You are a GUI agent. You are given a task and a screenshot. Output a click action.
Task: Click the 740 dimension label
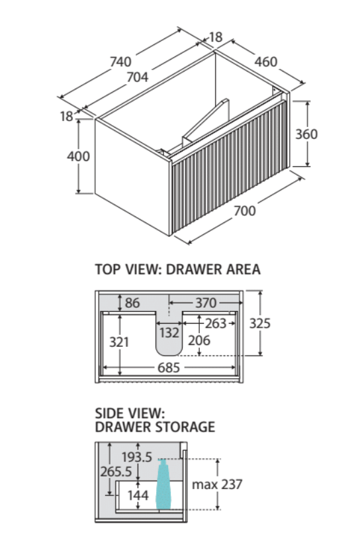(120, 62)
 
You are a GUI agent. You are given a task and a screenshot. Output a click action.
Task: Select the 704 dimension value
(138, 77)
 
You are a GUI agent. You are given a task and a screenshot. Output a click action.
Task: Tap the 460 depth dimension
(266, 62)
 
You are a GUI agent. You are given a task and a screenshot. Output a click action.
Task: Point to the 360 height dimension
(306, 134)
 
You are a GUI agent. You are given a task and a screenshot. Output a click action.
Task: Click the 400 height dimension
(79, 156)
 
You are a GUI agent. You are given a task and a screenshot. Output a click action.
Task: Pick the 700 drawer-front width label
(245, 210)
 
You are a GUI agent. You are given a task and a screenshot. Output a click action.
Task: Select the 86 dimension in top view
(132, 303)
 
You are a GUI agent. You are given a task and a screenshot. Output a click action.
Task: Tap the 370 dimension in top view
(206, 303)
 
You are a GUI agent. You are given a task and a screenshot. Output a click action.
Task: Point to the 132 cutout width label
(169, 332)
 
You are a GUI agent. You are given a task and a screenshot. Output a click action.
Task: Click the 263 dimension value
(216, 323)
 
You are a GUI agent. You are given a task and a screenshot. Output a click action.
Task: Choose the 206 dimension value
(199, 340)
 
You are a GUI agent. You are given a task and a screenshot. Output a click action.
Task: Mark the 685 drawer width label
(169, 367)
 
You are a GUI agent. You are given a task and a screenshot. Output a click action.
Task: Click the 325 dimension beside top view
(260, 323)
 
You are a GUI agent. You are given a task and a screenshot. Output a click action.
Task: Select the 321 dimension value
(119, 342)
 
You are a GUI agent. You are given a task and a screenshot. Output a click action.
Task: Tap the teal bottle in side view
(163, 485)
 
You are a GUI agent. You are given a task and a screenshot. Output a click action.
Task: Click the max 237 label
(217, 485)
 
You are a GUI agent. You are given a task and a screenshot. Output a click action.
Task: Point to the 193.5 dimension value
(137, 457)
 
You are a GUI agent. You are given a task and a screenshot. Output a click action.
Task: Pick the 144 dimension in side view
(138, 495)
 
